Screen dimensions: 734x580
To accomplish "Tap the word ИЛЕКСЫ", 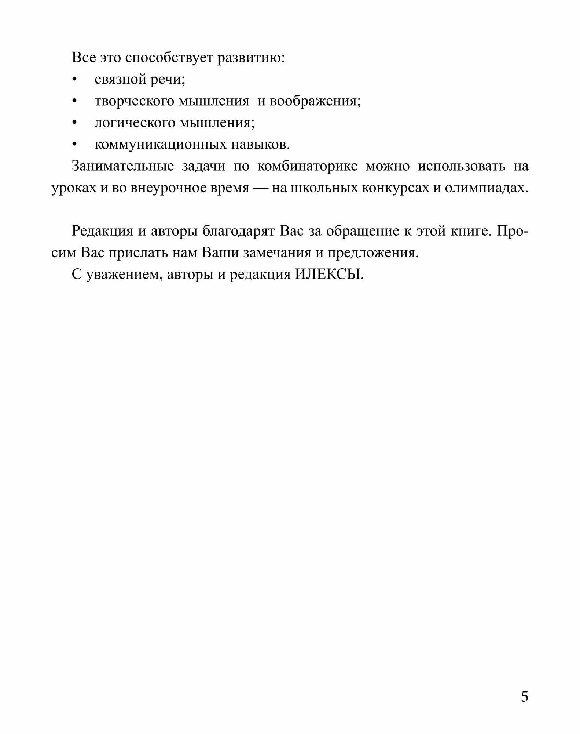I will click(x=329, y=275).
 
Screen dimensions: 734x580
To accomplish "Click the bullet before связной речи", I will click(x=75, y=80).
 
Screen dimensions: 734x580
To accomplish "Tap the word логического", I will click(x=135, y=123).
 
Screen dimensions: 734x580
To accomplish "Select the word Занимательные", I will click(x=122, y=166).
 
